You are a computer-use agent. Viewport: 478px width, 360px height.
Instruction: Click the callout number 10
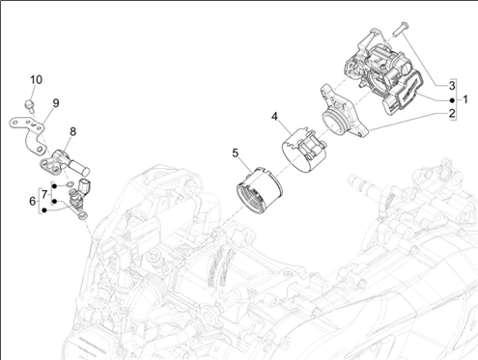(x=36, y=79)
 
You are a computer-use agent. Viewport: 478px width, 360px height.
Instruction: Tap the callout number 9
(x=56, y=103)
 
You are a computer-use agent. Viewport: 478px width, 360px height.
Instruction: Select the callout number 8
(x=73, y=131)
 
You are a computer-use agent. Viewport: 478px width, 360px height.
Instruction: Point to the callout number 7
(x=44, y=194)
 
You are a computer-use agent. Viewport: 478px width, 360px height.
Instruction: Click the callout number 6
(x=32, y=202)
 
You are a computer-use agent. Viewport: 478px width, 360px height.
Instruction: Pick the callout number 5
(x=236, y=153)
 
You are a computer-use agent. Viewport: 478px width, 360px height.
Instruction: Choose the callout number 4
(x=274, y=117)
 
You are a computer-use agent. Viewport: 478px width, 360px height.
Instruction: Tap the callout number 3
(x=452, y=86)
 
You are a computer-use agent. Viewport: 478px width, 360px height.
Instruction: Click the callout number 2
(x=452, y=113)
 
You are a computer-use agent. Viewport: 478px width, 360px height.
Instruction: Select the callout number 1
(x=465, y=99)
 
